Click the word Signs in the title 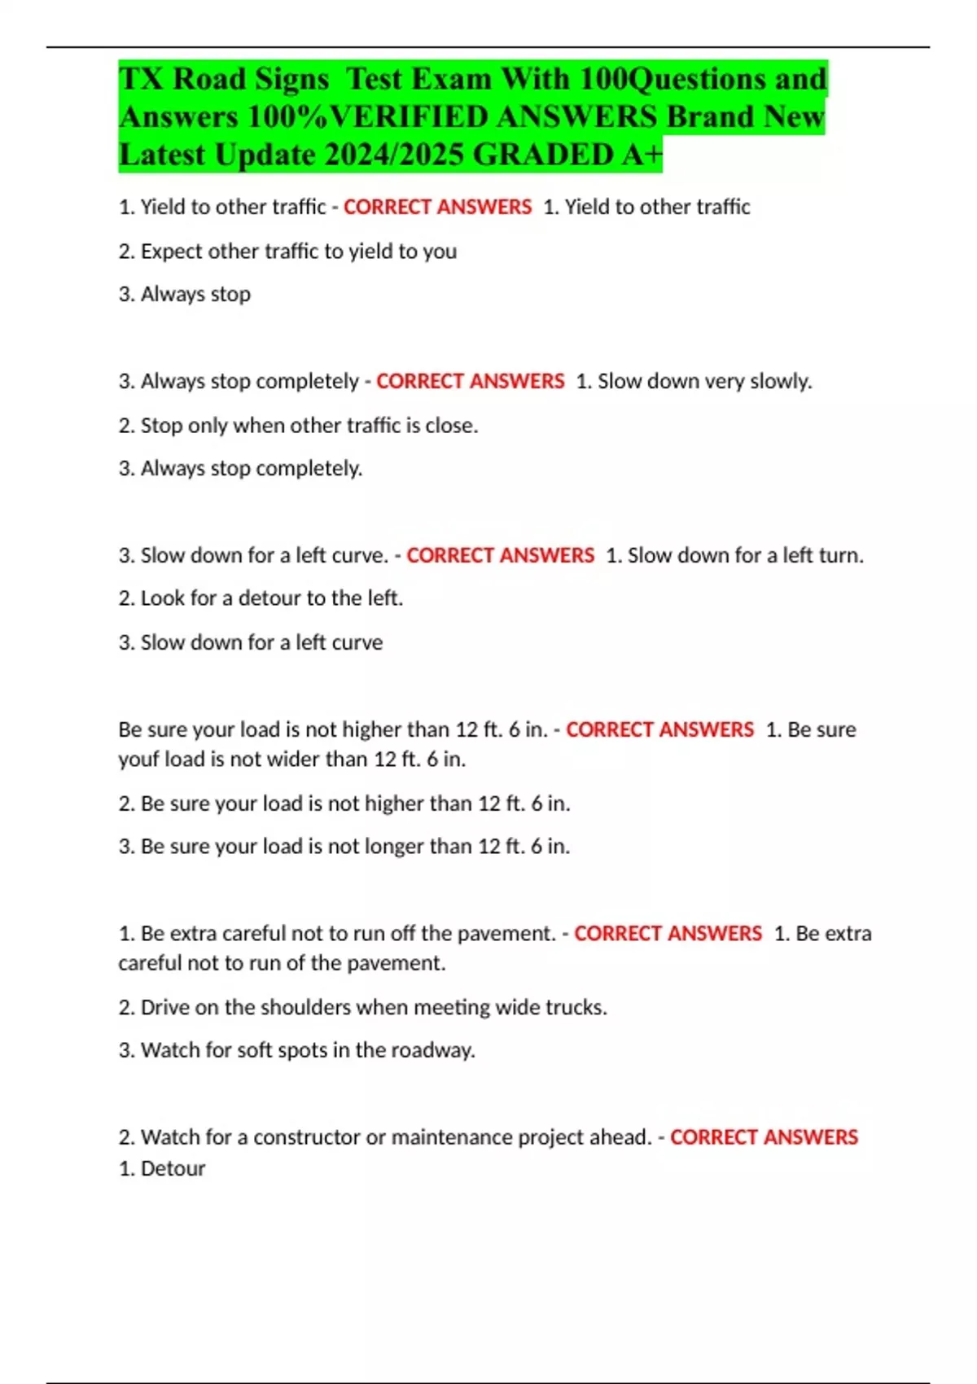coord(291,79)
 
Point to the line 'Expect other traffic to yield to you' coord(287,252)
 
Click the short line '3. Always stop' coord(185,294)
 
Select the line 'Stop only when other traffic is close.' coord(298,426)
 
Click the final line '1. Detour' coord(162,1169)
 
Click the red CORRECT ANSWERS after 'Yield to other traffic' coord(437,208)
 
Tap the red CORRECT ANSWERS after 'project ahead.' coord(764,1137)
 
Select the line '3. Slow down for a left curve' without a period coord(251,642)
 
